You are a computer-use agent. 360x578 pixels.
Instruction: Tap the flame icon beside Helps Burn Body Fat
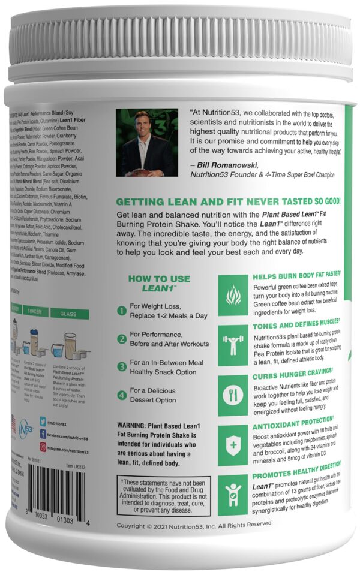(233, 295)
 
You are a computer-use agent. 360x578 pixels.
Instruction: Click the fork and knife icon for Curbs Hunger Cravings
(233, 394)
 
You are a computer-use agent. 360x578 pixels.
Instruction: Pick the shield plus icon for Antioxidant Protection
(233, 444)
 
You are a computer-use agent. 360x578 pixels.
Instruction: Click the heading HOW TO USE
(158, 279)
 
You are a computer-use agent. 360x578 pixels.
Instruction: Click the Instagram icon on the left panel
(43, 446)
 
